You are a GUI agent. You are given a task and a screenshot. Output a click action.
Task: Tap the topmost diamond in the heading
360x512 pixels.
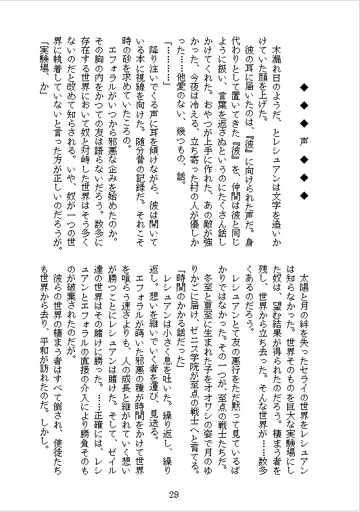tap(303, 85)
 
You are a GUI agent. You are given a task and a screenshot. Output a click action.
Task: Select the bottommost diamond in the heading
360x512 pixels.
tap(303, 194)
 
